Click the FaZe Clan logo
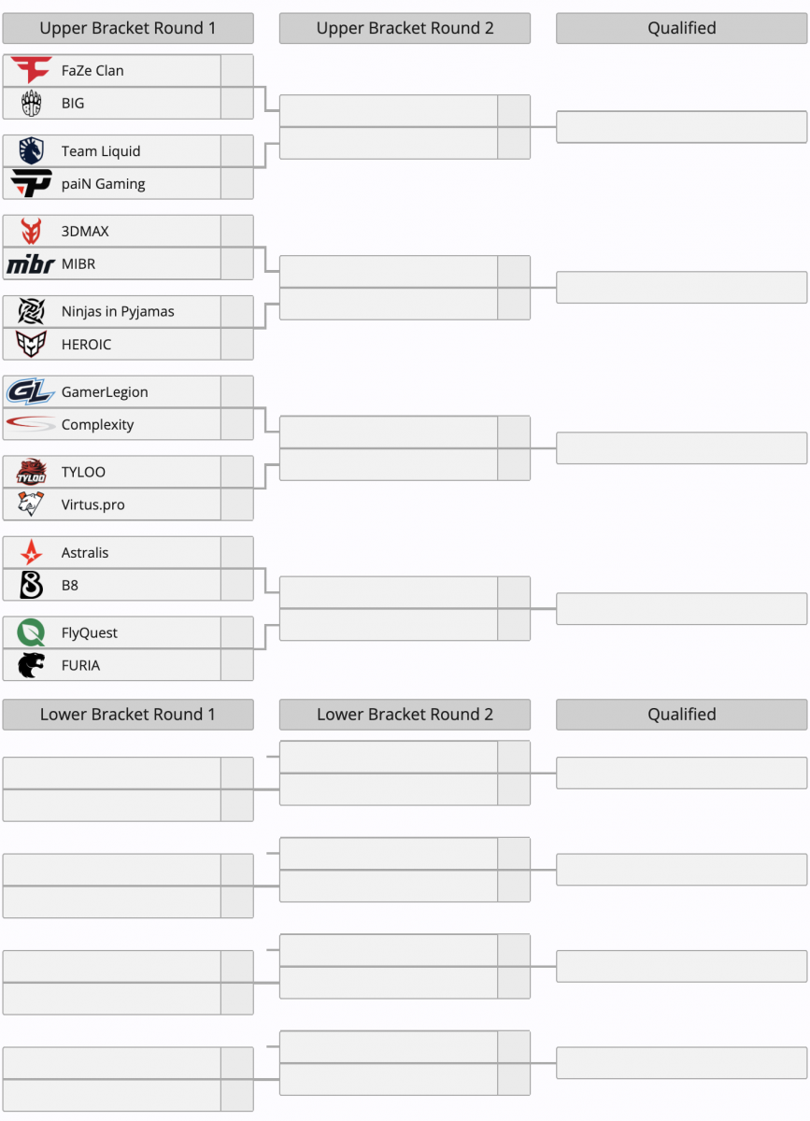point(31,70)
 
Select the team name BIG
point(73,103)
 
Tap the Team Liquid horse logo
point(31,150)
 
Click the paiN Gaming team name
point(103,184)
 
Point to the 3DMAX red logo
point(31,231)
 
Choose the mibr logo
point(31,264)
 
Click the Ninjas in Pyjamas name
point(118,311)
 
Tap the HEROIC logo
point(31,344)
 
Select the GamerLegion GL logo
point(30,391)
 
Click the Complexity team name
point(97,425)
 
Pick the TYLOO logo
point(31,472)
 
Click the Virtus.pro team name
point(93,505)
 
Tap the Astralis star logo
point(31,552)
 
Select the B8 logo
point(31,585)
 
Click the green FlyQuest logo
point(31,632)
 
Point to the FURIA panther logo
point(31,665)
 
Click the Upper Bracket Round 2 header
point(405,28)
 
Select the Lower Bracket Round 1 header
point(128,714)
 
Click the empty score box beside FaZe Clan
point(236,71)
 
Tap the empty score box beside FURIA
point(236,665)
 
